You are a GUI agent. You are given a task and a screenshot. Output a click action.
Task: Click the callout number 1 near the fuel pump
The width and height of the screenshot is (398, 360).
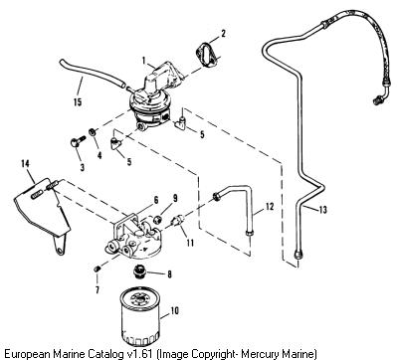pos(144,61)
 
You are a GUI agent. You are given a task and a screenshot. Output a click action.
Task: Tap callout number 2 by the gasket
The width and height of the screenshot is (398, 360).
pos(223,34)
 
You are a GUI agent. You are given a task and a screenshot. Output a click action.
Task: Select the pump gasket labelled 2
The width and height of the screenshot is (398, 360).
pos(208,56)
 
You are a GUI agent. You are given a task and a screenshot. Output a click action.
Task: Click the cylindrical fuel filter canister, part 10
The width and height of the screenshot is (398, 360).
pos(139,317)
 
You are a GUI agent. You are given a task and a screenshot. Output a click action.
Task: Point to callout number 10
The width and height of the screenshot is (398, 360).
pos(174,310)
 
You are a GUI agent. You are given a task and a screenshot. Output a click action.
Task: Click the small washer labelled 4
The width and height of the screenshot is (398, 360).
pos(93,132)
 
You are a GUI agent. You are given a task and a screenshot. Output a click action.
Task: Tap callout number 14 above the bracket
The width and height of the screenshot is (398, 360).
pos(25,163)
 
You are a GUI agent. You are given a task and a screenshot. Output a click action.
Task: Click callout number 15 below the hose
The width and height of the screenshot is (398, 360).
pos(78,101)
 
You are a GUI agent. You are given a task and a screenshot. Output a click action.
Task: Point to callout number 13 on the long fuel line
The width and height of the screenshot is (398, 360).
pos(322,210)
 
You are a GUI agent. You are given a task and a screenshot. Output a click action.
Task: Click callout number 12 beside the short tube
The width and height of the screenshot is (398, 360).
pos(270,207)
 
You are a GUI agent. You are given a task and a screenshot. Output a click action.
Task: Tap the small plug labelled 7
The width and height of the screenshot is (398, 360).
pos(98,269)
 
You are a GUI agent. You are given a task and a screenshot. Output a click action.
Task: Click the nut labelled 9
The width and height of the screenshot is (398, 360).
pos(158,219)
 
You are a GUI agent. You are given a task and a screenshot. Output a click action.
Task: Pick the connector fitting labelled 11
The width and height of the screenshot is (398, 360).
pos(177,221)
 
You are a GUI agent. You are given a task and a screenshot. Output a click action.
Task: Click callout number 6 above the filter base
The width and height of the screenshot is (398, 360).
pos(156,200)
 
